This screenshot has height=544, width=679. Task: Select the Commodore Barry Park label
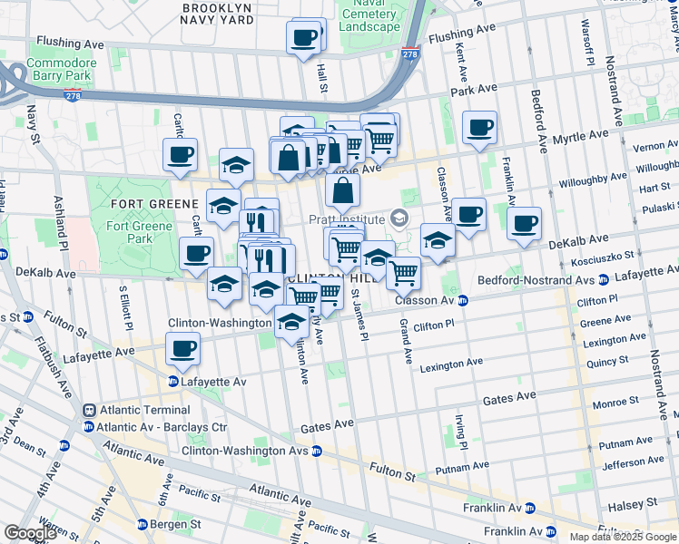[x=60, y=70]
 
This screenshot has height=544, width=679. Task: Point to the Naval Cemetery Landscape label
[x=369, y=18]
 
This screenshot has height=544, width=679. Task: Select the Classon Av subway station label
[x=425, y=300]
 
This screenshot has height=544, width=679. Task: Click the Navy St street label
[x=33, y=125]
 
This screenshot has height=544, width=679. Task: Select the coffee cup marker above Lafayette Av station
[x=183, y=349]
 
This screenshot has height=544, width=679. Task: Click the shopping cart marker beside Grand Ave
[x=403, y=272]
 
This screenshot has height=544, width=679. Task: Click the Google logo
[x=30, y=533]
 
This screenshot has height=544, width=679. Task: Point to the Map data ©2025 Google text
[x=622, y=537]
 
